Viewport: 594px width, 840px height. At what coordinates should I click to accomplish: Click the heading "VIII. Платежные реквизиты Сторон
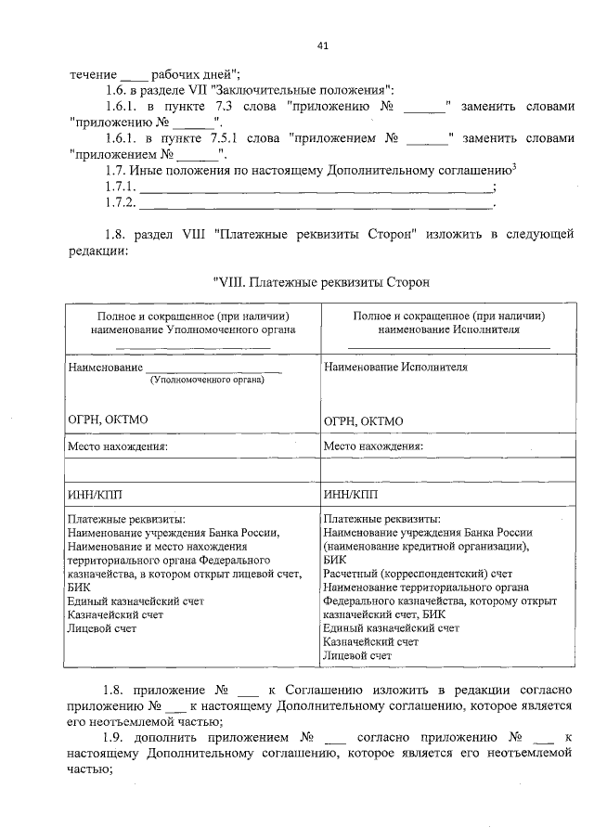(323, 281)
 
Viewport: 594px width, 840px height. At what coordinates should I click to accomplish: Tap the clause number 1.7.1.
(121, 187)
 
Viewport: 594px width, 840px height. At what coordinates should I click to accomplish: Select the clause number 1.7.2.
(121, 203)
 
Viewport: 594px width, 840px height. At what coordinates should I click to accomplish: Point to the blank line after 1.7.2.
(316, 204)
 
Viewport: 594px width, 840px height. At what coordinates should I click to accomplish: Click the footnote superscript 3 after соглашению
(514, 166)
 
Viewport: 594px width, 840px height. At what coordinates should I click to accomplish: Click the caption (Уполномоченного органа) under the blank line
(207, 379)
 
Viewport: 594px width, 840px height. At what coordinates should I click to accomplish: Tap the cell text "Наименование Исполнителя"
(395, 367)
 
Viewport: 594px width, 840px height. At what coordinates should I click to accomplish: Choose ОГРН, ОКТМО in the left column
(108, 420)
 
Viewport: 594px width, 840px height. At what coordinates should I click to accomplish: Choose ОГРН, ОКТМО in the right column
(364, 420)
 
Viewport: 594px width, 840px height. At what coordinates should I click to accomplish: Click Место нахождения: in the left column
(118, 446)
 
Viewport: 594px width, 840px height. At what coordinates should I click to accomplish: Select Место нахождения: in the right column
(373, 446)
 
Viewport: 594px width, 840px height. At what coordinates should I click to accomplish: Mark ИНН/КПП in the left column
(95, 493)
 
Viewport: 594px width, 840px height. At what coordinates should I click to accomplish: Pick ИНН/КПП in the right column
(350, 493)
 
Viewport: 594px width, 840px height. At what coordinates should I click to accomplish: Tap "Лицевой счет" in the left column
(102, 628)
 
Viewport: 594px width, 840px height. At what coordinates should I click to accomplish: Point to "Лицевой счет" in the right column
(357, 655)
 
